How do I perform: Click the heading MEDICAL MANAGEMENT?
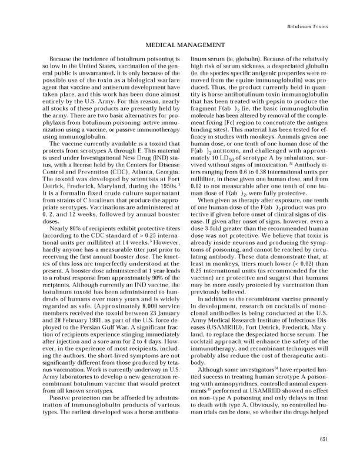pos(180,45)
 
